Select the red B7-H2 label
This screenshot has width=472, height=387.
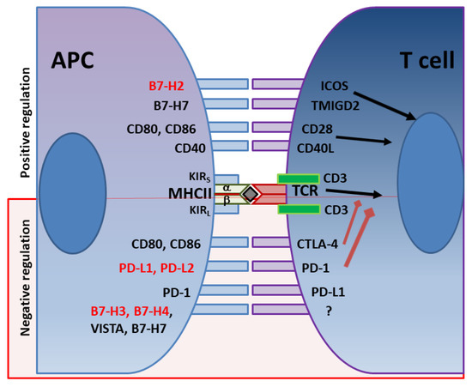tap(171, 85)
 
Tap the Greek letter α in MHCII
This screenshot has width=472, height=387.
tap(227, 188)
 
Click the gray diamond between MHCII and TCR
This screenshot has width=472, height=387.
tap(249, 195)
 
